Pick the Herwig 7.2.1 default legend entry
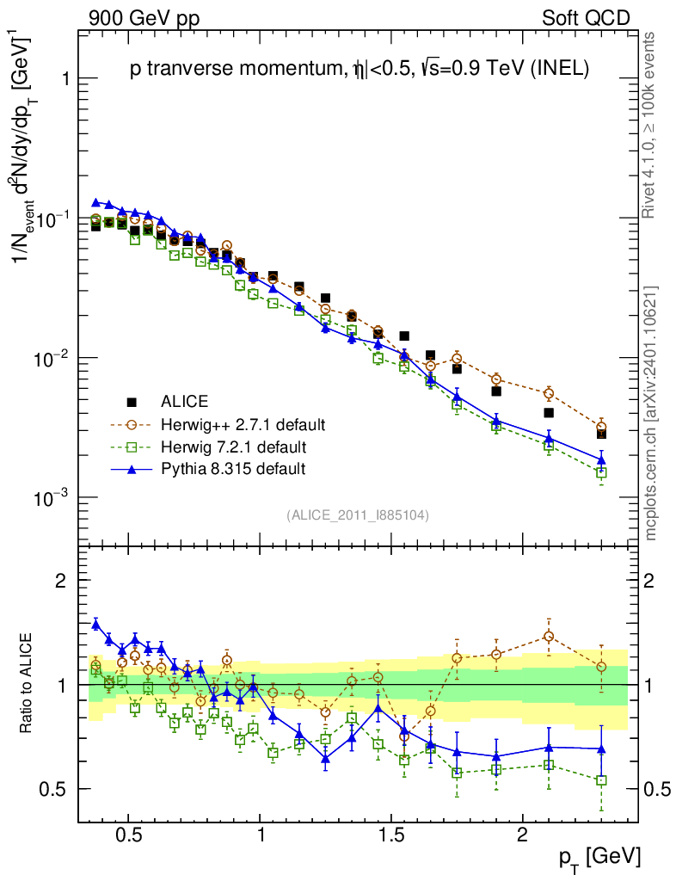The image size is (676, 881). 233,447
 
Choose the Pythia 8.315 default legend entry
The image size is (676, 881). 233,469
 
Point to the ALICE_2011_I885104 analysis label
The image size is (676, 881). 357,514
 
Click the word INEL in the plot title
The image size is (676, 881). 560,71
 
